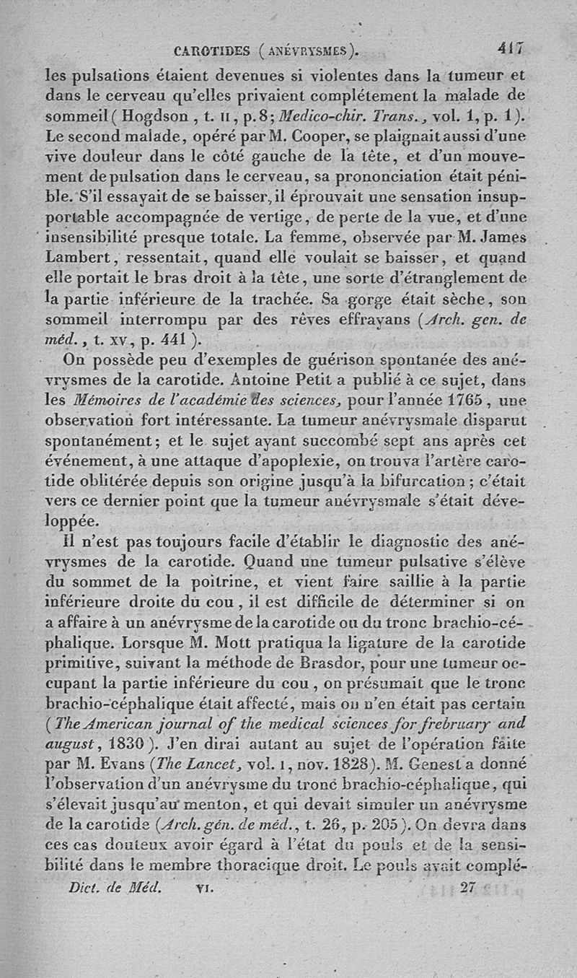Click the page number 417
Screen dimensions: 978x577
click(x=511, y=50)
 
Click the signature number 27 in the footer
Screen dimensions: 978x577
click(x=468, y=888)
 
